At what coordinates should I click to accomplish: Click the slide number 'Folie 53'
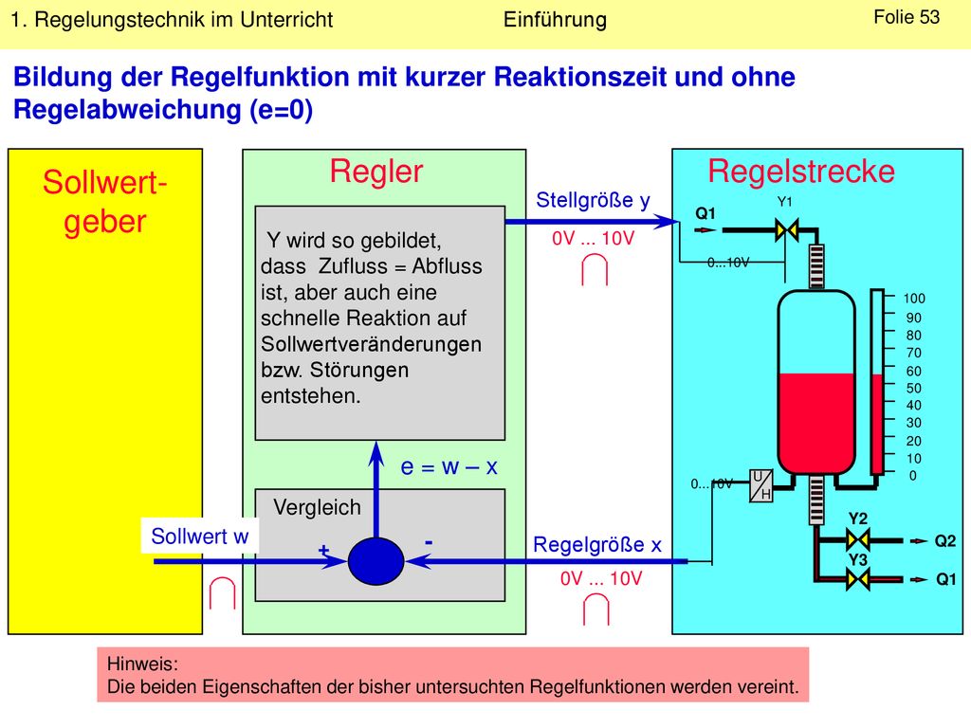coord(906,17)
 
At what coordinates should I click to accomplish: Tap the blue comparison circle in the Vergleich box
coord(376,561)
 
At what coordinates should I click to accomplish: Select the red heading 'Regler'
coord(376,172)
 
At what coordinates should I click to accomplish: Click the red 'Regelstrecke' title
coord(801,172)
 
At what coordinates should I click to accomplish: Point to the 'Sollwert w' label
coord(199,537)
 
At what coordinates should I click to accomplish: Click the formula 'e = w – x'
coord(449,466)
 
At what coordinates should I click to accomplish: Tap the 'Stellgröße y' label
coord(593,201)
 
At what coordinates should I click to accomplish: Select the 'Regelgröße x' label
coord(597,545)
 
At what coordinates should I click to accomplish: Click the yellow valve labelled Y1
coord(786,230)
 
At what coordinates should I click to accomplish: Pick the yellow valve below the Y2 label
coord(858,540)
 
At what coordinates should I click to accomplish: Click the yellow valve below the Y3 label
coord(858,580)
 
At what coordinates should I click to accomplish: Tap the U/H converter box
coord(761,485)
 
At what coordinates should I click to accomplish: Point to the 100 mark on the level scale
coord(914,299)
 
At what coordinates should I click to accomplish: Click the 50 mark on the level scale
coord(914,388)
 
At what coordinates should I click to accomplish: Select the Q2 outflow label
coord(945,541)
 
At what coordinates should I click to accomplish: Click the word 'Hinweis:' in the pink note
coord(142,664)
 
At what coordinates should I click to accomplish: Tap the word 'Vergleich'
coord(317,508)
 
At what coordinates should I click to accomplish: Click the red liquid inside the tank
coord(816,421)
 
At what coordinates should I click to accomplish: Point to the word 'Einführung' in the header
coord(555,20)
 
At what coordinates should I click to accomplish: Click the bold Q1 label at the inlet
coord(705,213)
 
